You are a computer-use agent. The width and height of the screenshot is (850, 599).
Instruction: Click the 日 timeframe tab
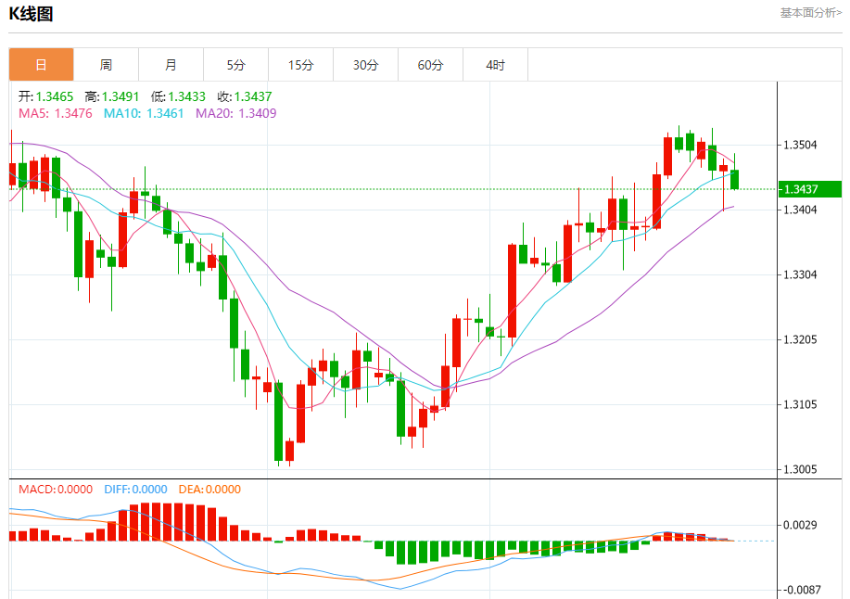[x=41, y=65]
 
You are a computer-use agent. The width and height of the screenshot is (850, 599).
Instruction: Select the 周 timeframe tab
[x=106, y=65]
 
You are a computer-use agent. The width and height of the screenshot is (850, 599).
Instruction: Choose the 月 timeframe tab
[x=171, y=65]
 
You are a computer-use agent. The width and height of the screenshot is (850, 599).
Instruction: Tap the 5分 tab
[x=235, y=65]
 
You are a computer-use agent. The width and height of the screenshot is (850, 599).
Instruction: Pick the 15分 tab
[x=300, y=65]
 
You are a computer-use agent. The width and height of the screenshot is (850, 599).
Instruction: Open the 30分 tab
[x=365, y=65]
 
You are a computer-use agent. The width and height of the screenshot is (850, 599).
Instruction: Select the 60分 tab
[x=430, y=65]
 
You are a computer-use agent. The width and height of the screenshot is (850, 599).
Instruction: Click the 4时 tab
[x=495, y=65]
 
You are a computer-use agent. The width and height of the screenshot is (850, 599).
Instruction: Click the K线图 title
[x=32, y=14]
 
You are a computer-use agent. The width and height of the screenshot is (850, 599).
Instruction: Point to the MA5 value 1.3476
[x=73, y=113]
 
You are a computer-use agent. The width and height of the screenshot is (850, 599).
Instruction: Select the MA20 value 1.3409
[x=258, y=113]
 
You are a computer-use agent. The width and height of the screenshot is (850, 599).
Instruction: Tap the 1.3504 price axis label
[x=800, y=145]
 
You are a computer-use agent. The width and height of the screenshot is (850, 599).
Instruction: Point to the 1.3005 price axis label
[x=800, y=469]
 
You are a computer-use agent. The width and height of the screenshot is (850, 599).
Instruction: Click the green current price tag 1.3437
[x=809, y=189]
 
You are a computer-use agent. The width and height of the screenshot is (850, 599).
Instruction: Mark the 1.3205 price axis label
[x=800, y=339]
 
